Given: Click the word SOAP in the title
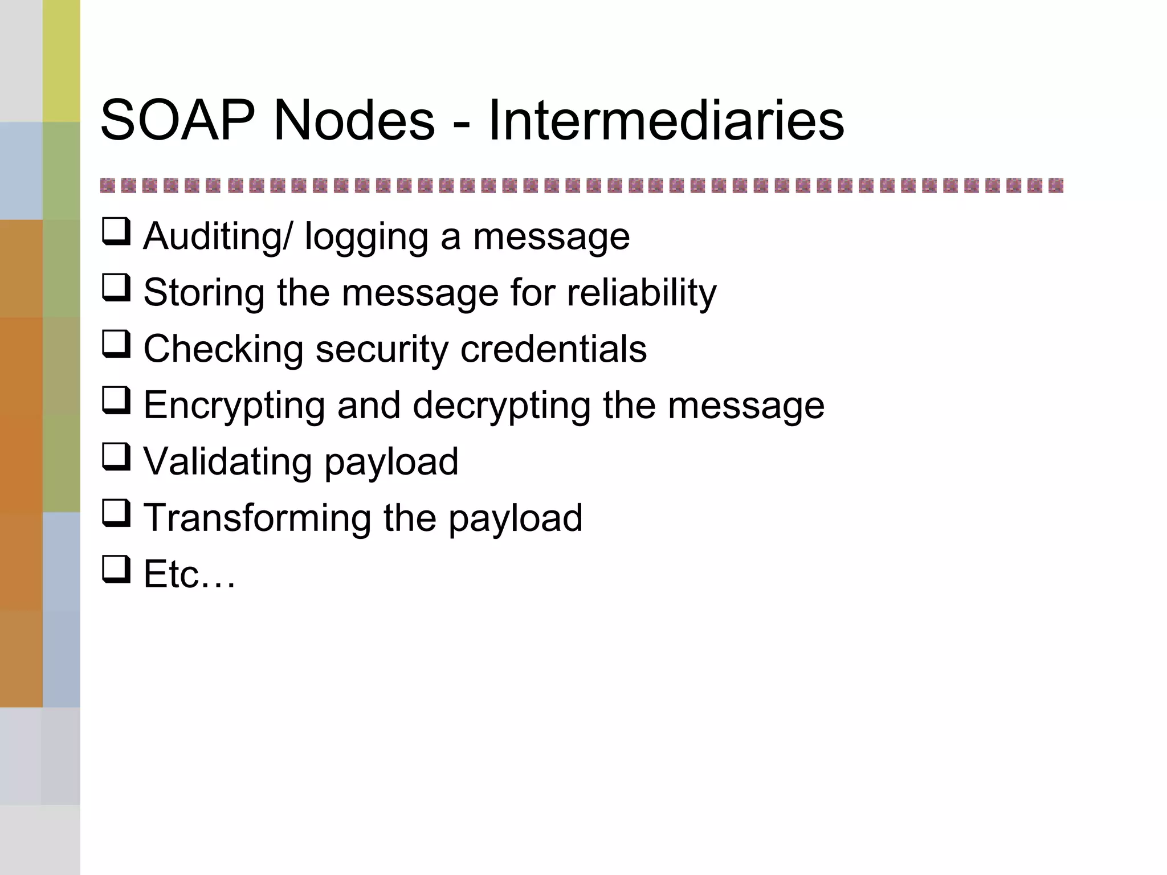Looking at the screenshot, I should pos(177,120).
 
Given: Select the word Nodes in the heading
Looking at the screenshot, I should pos(354,120).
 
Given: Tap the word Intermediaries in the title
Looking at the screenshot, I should pos(666,120).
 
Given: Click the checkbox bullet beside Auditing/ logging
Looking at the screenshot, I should pos(116,231).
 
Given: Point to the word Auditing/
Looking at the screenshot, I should pos(218,236).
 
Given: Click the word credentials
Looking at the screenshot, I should pos(553,349).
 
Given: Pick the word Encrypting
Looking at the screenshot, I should pos(234,406).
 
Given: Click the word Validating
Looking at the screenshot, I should pos(227,461).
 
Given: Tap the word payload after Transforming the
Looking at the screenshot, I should pos(515,518).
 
